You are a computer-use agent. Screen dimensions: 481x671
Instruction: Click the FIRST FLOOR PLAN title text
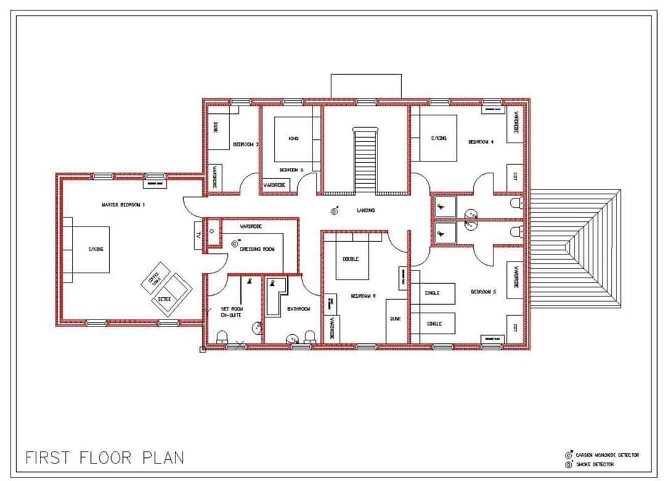point(105,457)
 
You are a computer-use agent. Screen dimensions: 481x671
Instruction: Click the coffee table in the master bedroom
point(155,278)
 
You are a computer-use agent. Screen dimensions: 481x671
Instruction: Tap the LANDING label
point(365,210)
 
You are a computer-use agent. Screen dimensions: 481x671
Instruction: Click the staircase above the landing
point(365,161)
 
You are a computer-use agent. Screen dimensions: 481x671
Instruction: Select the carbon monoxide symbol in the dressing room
point(234,244)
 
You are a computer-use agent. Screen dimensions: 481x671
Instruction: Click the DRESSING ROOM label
point(257,249)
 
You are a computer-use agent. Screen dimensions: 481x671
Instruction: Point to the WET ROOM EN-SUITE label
point(232,311)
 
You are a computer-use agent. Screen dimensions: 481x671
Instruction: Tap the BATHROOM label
point(298,308)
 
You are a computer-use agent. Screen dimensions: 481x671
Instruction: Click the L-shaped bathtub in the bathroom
point(276,297)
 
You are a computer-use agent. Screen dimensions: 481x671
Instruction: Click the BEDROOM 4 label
point(481,141)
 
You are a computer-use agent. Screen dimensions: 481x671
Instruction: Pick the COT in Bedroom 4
point(515,178)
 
